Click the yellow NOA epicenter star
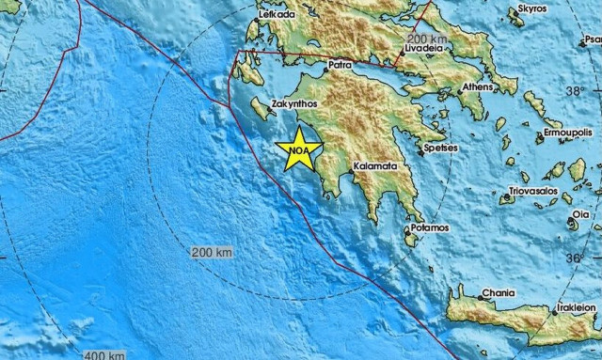click(x=299, y=149)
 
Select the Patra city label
click(x=339, y=66)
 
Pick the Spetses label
click(x=441, y=149)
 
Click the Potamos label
click(x=428, y=227)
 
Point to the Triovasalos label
click(x=533, y=191)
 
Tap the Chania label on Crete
click(x=498, y=293)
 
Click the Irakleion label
click(x=577, y=306)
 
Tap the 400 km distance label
click(x=103, y=354)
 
